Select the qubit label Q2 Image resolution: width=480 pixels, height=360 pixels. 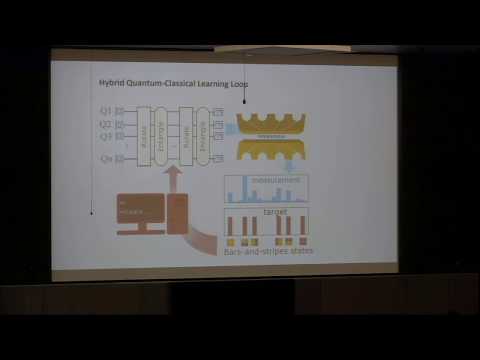(105, 124)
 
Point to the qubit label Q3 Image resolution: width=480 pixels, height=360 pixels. (105, 136)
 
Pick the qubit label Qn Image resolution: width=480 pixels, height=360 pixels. (105, 158)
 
